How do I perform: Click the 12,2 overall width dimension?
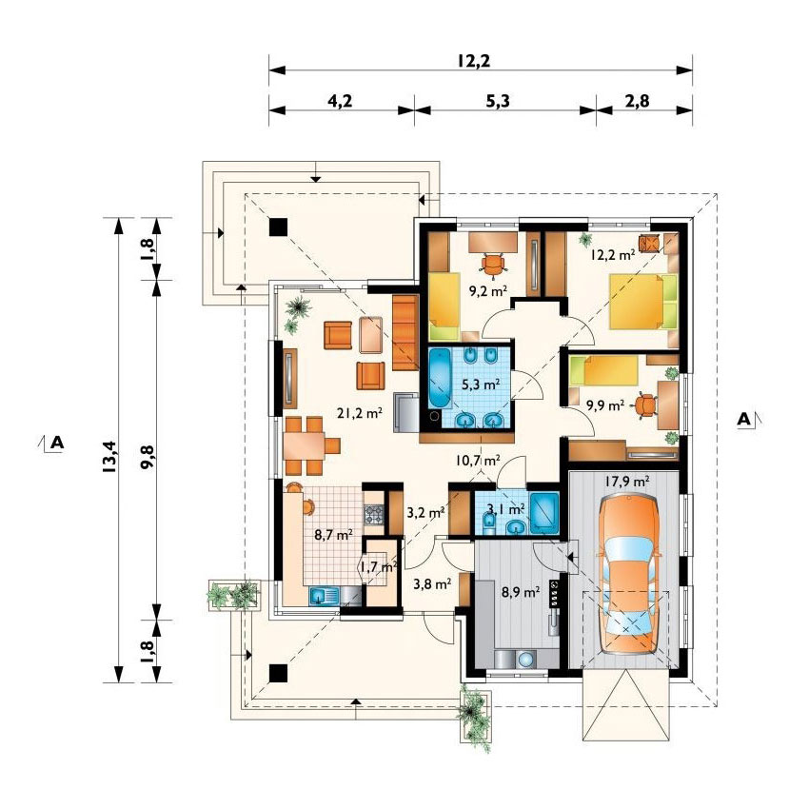click(473, 61)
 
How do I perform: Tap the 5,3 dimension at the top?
click(498, 101)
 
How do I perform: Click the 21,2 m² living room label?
click(360, 412)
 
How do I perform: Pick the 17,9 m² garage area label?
click(627, 482)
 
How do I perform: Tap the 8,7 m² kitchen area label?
click(334, 535)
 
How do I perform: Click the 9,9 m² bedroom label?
click(605, 405)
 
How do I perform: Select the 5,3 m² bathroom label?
click(481, 384)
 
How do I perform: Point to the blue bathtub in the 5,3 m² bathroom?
click(440, 379)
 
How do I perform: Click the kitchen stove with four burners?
click(374, 514)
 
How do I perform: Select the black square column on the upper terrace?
click(278, 227)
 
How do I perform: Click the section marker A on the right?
click(743, 419)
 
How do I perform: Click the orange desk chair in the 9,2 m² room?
click(494, 265)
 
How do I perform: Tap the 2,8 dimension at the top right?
click(638, 101)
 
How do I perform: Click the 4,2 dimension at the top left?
click(341, 101)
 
